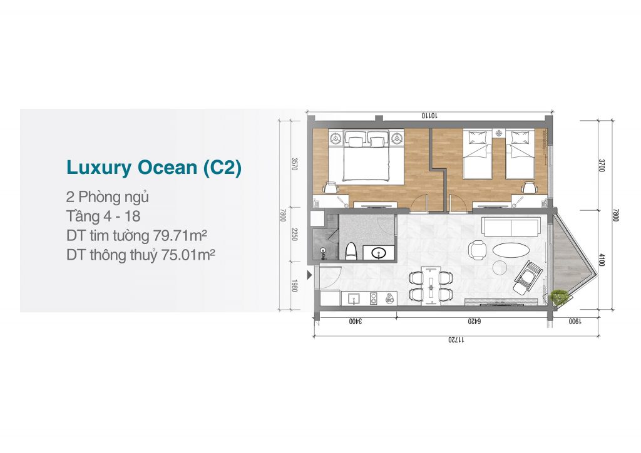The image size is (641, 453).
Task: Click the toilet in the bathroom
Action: click(351, 251)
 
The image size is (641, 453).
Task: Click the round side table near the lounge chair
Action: click(500, 268)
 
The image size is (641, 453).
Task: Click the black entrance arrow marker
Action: click(309, 275)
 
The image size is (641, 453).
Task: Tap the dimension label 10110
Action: click(429, 116)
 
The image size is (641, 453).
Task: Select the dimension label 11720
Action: click(456, 340)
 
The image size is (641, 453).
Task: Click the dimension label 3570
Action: click(294, 164)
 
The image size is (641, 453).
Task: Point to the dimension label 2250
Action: click(294, 235)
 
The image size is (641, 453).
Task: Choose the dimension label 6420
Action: click(474, 322)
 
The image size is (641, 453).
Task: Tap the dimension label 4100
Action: click(602, 260)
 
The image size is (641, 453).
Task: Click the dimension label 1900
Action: click(575, 322)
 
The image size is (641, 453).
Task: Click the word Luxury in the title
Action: click(99, 168)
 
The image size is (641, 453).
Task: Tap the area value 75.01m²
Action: click(188, 255)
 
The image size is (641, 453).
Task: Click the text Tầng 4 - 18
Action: click(103, 216)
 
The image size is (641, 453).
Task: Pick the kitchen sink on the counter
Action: click(355, 299)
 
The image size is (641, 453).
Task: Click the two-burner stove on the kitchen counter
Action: click(374, 298)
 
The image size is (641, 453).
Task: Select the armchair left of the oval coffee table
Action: click(477, 250)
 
